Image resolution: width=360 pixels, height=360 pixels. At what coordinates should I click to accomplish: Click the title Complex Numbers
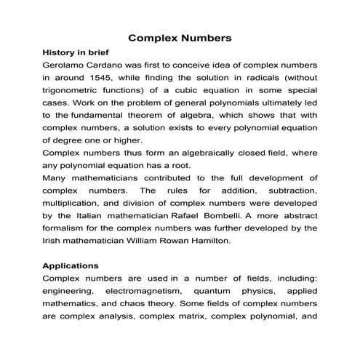(x=180, y=36)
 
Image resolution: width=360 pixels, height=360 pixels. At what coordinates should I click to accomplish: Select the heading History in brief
(x=79, y=52)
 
